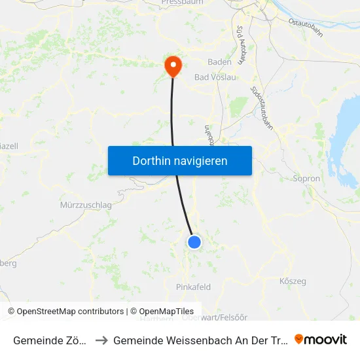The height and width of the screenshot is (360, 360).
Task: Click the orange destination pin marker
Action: point(173,65)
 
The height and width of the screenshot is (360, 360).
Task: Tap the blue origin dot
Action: point(194,242)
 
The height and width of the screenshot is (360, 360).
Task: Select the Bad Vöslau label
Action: point(215,77)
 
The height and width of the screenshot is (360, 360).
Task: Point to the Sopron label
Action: point(306,178)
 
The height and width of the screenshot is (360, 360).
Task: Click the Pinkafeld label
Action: point(193,287)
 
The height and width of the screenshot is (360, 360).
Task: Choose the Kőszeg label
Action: point(293,281)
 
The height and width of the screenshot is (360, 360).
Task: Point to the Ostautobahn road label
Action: point(306,27)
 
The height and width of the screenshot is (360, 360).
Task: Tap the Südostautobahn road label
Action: point(262,108)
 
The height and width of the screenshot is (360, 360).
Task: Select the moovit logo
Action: point(321,339)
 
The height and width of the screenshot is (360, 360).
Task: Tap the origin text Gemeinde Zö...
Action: point(50,340)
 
